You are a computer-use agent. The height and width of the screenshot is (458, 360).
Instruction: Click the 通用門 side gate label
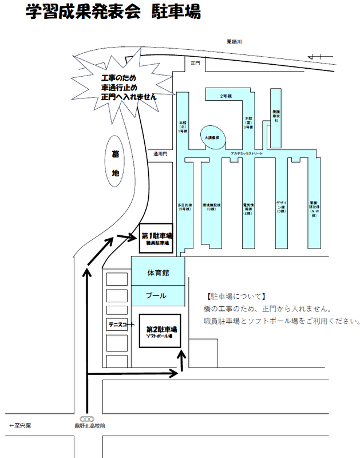(160, 153)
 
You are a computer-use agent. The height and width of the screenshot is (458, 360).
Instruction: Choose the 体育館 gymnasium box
(158, 273)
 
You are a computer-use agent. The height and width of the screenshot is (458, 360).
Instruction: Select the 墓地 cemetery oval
(114, 163)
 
